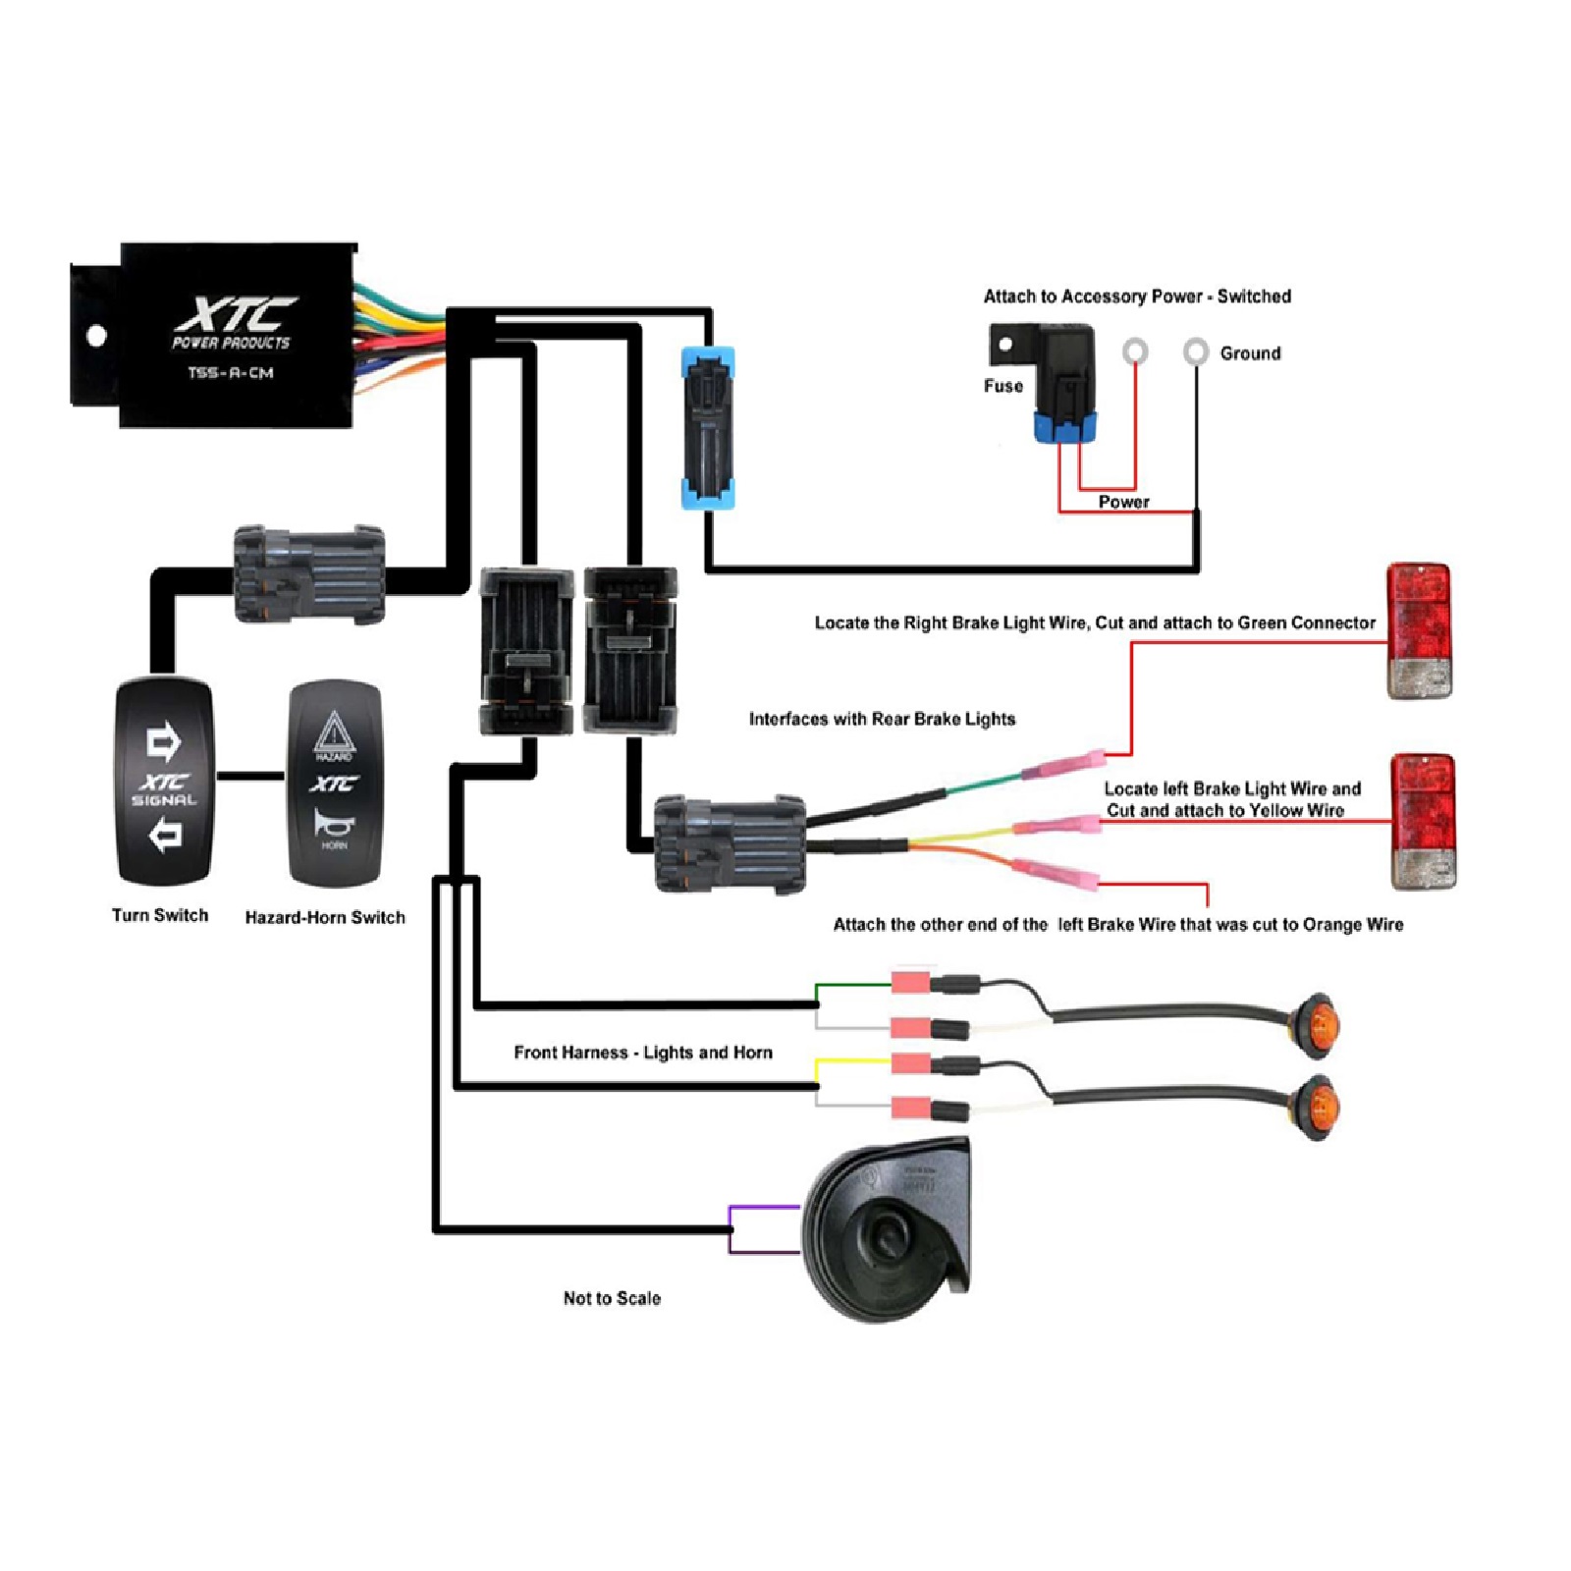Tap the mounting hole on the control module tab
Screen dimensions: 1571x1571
click(x=96, y=336)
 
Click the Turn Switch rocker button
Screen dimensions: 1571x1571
click(x=164, y=782)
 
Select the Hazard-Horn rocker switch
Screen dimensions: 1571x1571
click(x=334, y=784)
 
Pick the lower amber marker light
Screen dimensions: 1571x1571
click(x=1316, y=1107)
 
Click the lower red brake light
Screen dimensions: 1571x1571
click(x=1423, y=821)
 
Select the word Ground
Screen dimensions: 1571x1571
click(x=1250, y=353)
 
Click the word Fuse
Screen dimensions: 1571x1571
click(x=1003, y=386)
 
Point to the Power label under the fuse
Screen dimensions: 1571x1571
click(x=1123, y=502)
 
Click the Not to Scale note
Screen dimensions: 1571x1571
click(x=612, y=1298)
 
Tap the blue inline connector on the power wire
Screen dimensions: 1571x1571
click(x=708, y=427)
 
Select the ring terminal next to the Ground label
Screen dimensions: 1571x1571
click(x=1195, y=351)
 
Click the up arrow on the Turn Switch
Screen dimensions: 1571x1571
click(x=163, y=741)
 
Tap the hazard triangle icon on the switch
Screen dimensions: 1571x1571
click(x=334, y=732)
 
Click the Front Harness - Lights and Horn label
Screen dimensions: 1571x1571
click(x=643, y=1053)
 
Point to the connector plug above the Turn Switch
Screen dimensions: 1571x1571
click(x=308, y=574)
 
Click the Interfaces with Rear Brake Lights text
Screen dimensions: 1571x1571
click(x=882, y=719)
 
